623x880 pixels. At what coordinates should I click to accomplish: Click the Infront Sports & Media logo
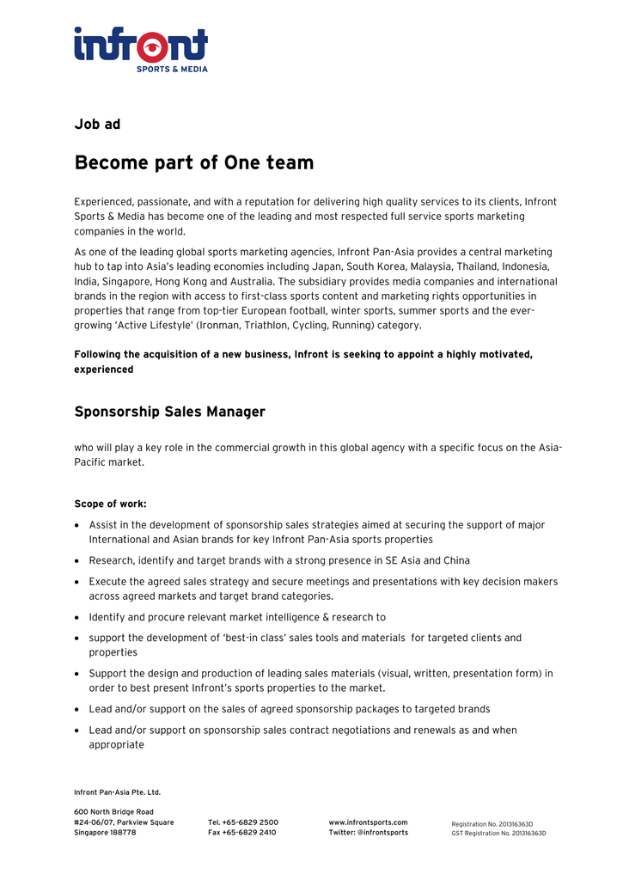(141, 49)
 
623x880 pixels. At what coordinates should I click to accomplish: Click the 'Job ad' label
(97, 125)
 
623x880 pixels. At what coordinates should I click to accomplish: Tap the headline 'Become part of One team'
(194, 162)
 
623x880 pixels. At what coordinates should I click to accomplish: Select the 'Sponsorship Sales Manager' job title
(169, 412)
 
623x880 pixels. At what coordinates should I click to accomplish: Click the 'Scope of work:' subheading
(110, 504)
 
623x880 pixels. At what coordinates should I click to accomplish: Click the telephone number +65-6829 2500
(251, 822)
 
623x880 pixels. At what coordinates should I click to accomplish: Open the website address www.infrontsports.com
(368, 822)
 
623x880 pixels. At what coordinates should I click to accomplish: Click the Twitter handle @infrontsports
(382, 833)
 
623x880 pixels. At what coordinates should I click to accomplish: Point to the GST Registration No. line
(498, 834)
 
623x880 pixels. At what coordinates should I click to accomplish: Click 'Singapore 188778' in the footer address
(105, 833)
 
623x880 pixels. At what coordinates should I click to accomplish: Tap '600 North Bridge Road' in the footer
(113, 812)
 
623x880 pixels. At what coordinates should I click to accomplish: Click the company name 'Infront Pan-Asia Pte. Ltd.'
(117, 792)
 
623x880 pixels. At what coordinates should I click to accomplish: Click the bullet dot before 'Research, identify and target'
(78, 560)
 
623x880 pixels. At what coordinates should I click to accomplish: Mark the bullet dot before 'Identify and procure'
(78, 617)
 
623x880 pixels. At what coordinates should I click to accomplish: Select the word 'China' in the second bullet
(456, 560)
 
